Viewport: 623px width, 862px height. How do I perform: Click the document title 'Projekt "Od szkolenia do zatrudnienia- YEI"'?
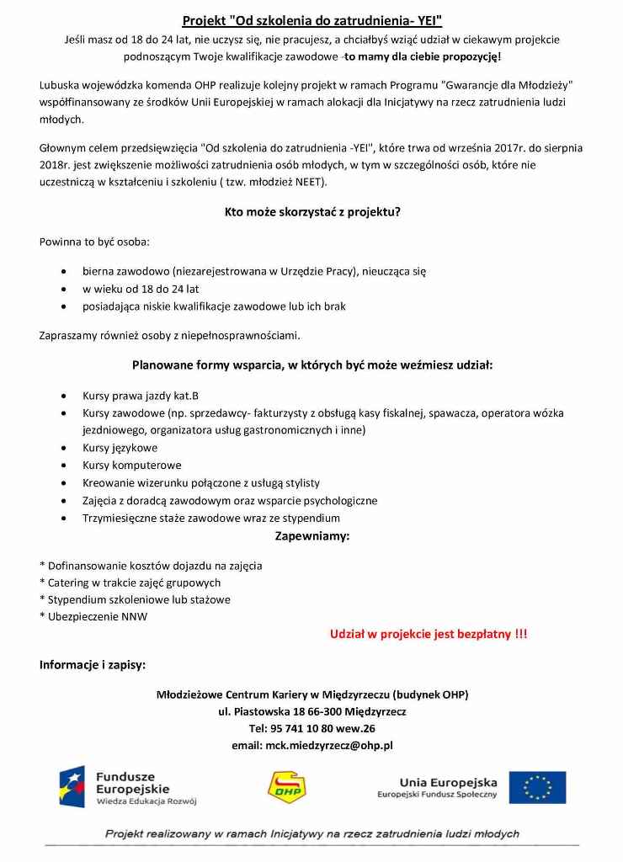click(x=312, y=19)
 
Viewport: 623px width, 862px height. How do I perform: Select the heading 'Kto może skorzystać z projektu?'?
click(x=312, y=213)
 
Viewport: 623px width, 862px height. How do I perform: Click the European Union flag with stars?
click(x=537, y=788)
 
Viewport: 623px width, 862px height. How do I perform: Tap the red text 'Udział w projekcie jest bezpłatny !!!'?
click(x=429, y=634)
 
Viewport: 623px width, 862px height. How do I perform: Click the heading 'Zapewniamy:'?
click(x=312, y=535)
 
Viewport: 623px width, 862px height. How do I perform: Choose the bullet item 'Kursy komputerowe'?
click(x=131, y=465)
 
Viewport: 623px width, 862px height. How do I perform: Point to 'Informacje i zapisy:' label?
click(x=93, y=664)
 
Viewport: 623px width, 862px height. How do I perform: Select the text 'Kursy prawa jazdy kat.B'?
click(x=141, y=396)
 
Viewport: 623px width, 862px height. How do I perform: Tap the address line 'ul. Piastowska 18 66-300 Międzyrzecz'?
click(x=312, y=711)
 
